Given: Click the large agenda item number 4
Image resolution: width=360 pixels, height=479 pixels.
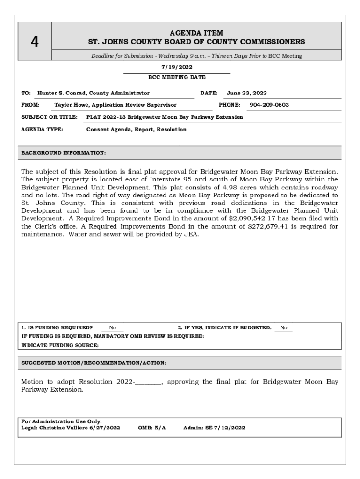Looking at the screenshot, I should (35, 43).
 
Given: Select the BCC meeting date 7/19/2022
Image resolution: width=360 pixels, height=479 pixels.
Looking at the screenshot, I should (177, 67).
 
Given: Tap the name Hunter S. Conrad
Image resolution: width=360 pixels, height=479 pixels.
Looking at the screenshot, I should (63, 93).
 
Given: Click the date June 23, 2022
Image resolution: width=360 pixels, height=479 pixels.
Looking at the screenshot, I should (247, 93).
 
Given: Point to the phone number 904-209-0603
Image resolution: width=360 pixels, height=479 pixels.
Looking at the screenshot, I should (269, 105).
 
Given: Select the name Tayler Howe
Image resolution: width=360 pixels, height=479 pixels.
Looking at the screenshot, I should (73, 105).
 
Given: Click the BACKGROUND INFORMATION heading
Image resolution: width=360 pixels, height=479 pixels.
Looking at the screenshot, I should (64, 153).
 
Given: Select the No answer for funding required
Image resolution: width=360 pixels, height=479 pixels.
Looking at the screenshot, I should (113, 328).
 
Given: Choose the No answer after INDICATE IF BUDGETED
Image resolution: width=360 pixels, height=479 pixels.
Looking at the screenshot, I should (284, 328).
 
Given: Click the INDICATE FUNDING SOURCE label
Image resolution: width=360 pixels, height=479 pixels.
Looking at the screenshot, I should (60, 345).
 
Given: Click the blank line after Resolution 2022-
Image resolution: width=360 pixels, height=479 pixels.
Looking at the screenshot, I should (149, 382).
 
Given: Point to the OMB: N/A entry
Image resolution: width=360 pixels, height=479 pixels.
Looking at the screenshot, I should (152, 428).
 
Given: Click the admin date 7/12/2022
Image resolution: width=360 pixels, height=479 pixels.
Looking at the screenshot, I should (230, 428).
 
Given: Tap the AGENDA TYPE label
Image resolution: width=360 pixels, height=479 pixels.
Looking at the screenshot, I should (42, 129).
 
